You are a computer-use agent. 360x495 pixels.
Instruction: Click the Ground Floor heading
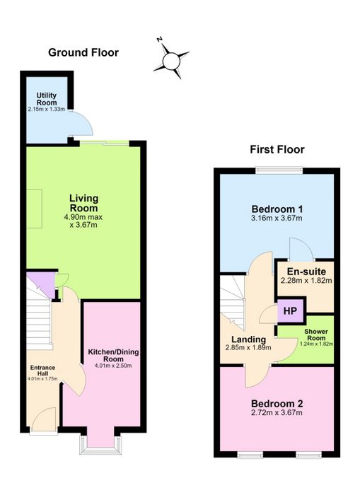pyautogui.click(x=83, y=52)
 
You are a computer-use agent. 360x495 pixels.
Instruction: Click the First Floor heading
pyautogui.click(x=277, y=149)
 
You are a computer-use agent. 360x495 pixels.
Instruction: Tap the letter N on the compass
pyautogui.click(x=160, y=40)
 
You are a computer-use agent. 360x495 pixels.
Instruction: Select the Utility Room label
pyautogui.click(x=47, y=99)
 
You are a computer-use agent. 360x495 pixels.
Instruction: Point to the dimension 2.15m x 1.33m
pyautogui.click(x=47, y=110)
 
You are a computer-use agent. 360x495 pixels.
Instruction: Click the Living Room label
pyautogui.click(x=83, y=203)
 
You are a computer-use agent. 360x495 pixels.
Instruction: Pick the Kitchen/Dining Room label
pyautogui.click(x=113, y=356)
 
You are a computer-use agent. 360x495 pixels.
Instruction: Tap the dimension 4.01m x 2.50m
pyautogui.click(x=113, y=366)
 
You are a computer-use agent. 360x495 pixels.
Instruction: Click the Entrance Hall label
pyautogui.click(x=42, y=371)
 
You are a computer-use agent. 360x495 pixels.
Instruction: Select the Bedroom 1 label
pyautogui.click(x=277, y=209)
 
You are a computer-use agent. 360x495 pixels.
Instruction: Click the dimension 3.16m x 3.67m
pyautogui.click(x=277, y=218)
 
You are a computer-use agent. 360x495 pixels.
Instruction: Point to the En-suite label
pyautogui.click(x=306, y=272)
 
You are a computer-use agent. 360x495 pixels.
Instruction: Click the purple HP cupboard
pyautogui.click(x=291, y=311)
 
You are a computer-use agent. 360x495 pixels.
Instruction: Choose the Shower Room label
pyautogui.click(x=316, y=334)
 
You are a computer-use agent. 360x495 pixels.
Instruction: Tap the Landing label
pyautogui.click(x=248, y=339)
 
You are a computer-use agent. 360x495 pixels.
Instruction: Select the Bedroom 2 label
pyautogui.click(x=277, y=404)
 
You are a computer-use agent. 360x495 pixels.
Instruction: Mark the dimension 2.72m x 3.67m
pyautogui.click(x=277, y=412)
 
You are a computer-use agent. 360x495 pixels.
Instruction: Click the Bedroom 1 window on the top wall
pyautogui.click(x=279, y=170)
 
